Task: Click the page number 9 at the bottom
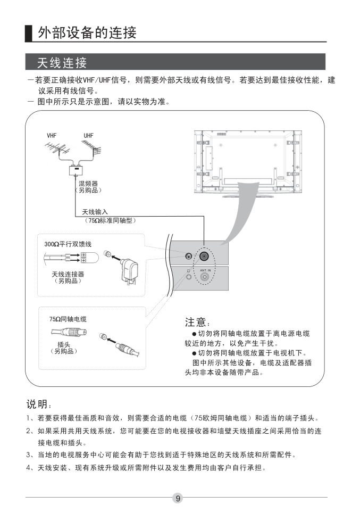(x=178, y=498)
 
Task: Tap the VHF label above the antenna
(x=52, y=136)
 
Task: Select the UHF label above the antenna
(x=88, y=136)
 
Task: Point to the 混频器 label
(x=88, y=184)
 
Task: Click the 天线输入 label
(x=95, y=212)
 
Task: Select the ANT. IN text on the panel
(x=205, y=270)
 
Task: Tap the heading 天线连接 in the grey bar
(x=62, y=63)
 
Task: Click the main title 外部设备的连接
(x=87, y=33)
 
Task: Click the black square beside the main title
(x=29, y=33)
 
